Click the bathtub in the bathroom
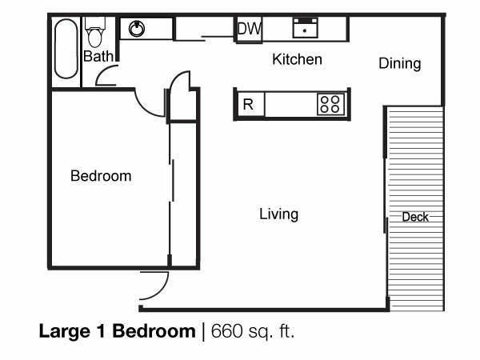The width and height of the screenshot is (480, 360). pyautogui.click(x=66, y=49)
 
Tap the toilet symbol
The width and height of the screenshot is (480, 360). pyautogui.click(x=95, y=32)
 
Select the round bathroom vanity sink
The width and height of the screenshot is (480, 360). pyautogui.click(x=137, y=29)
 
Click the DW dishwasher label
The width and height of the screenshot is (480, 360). pyautogui.click(x=250, y=29)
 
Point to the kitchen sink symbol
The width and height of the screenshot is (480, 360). pyautogui.click(x=306, y=28)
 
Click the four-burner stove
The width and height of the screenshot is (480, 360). pyautogui.click(x=330, y=104)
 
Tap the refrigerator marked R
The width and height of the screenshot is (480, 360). pyautogui.click(x=248, y=104)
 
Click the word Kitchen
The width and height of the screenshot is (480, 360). pyautogui.click(x=297, y=59)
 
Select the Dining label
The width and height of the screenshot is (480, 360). pyautogui.click(x=400, y=64)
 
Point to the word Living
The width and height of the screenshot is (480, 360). pyautogui.click(x=279, y=214)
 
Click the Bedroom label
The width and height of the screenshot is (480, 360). pyautogui.click(x=101, y=176)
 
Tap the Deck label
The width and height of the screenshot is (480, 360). pyautogui.click(x=415, y=217)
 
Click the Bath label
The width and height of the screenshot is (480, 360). pyautogui.click(x=98, y=56)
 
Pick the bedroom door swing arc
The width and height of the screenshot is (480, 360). pyautogui.click(x=144, y=109)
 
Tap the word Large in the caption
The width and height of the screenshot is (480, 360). pyautogui.click(x=65, y=332)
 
